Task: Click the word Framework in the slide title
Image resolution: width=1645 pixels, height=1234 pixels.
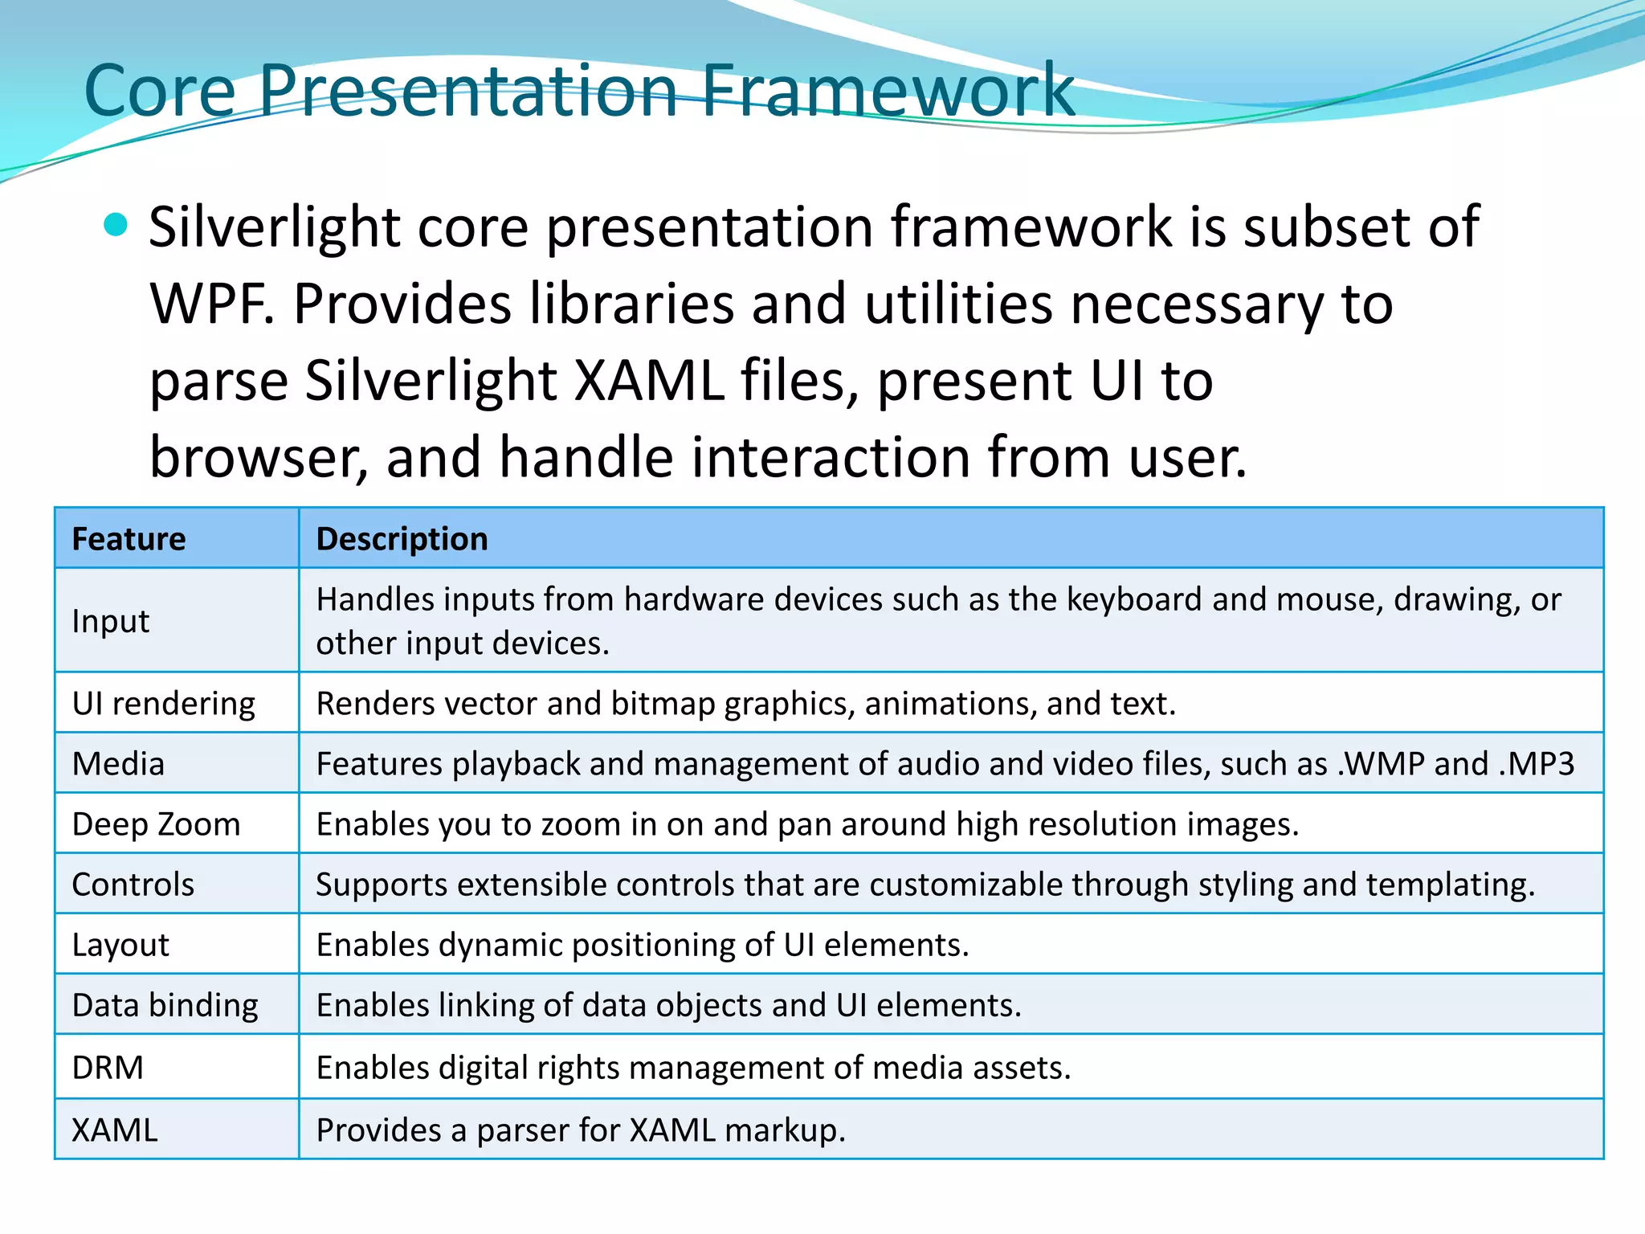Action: pos(888,91)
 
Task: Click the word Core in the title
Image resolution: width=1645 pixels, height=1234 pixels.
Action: pos(160,91)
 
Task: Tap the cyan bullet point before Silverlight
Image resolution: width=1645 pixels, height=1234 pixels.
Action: pos(116,225)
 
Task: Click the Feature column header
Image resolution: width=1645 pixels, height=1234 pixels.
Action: pos(129,538)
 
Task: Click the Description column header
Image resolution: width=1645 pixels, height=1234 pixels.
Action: pos(402,538)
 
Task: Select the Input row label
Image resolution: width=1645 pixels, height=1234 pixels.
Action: pos(111,621)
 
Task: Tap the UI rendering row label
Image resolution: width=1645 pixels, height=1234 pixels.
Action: pos(163,704)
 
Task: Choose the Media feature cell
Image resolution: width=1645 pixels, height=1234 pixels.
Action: pos(118,764)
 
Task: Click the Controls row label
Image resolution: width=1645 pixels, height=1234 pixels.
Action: pos(133,885)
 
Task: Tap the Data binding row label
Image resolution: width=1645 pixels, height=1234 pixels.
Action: pos(165,1006)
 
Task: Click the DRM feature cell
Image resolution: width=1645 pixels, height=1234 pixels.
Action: pos(108,1068)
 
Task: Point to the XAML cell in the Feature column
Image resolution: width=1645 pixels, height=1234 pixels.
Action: pos(115,1130)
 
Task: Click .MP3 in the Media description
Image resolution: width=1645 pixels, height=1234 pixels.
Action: pos(1536,764)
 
